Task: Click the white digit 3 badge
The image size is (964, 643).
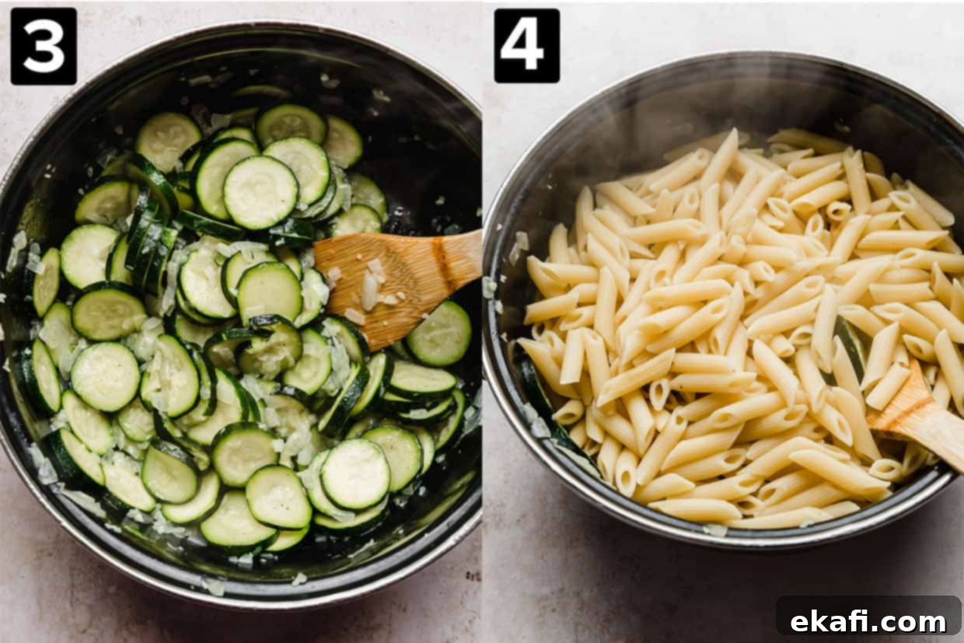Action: [x=44, y=47]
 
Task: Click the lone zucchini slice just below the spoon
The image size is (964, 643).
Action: [x=439, y=333]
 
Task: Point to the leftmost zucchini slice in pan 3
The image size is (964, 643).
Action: [x=46, y=282]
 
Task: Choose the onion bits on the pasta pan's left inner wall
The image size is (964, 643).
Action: [x=519, y=246]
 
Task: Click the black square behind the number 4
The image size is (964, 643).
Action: [x=527, y=45]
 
